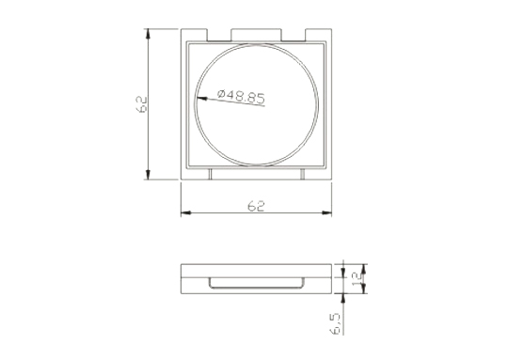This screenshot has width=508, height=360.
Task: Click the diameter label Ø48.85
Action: point(241,96)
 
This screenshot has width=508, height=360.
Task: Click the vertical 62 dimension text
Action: point(142,104)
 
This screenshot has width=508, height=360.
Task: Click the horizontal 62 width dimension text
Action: point(256,206)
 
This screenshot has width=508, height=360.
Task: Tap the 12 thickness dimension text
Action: point(357,279)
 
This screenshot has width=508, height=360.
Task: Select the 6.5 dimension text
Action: point(335,323)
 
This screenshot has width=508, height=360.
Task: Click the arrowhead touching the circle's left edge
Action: point(202,99)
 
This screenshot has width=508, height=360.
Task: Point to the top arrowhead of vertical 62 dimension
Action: point(148,35)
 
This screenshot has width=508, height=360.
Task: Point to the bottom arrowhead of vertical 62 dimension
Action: point(148,174)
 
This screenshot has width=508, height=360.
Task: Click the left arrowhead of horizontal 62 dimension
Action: point(186,212)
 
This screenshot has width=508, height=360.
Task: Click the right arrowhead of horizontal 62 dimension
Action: point(326,212)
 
